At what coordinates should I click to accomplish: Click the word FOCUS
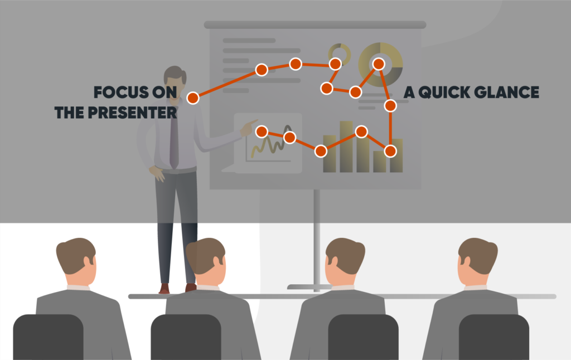point(116,92)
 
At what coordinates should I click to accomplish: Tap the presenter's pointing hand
point(248,127)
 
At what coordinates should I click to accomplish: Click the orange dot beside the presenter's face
point(192,98)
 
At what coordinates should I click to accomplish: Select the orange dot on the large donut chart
point(379,64)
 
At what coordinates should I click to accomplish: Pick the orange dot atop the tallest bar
point(361,132)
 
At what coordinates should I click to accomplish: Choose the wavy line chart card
point(268,143)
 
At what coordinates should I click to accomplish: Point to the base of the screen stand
point(316,286)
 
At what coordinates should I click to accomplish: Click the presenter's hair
point(175,74)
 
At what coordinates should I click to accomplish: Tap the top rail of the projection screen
point(315,25)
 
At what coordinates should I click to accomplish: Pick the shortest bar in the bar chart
point(380,162)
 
